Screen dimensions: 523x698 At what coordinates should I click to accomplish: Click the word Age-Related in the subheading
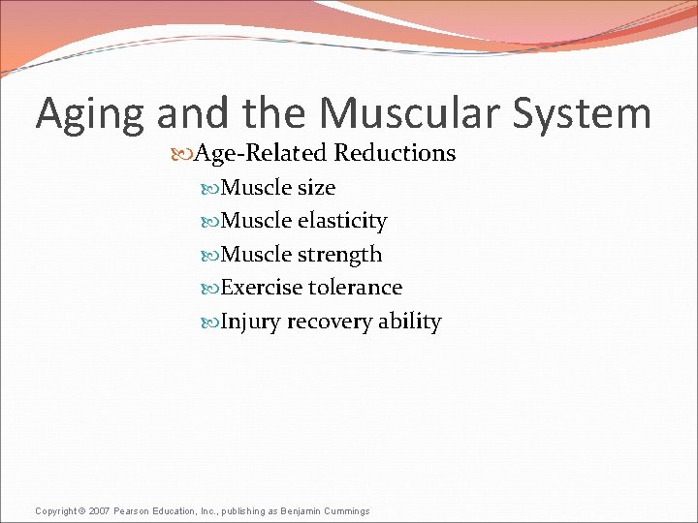(x=262, y=153)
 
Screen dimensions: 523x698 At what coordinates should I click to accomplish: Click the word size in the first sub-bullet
(x=316, y=187)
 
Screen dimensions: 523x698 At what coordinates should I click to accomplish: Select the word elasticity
(x=342, y=221)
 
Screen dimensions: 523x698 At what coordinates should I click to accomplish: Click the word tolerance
(x=355, y=288)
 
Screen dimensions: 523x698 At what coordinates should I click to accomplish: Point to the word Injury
(x=249, y=322)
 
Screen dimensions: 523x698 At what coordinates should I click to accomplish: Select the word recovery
(x=324, y=322)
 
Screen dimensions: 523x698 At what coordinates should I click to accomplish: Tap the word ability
(x=408, y=322)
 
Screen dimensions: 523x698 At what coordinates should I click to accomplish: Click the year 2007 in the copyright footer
(x=100, y=510)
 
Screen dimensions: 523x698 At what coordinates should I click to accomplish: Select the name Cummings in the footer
(x=346, y=510)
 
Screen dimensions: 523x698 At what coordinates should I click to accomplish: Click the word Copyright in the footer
(x=55, y=510)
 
